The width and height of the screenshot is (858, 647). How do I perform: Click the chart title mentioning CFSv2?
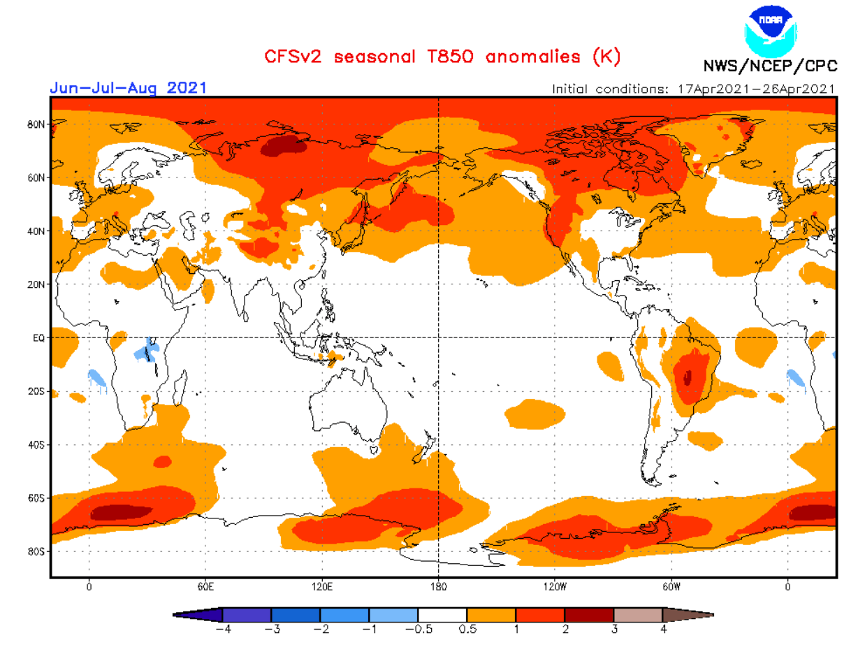point(442,56)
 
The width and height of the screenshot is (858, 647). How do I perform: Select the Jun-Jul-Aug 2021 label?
point(127,88)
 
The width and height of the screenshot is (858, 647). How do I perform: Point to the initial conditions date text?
point(693,89)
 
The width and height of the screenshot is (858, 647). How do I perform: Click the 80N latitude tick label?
point(36,124)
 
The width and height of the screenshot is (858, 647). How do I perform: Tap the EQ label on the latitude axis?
point(38,337)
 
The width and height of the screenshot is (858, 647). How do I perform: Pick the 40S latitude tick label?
point(36,444)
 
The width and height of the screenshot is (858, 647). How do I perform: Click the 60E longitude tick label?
point(205,587)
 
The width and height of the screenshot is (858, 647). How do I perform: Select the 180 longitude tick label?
point(438,587)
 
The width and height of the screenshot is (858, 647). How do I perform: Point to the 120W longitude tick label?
point(554,587)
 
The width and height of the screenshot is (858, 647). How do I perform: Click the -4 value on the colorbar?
point(222,629)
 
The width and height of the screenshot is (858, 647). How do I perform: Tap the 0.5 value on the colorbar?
point(467,629)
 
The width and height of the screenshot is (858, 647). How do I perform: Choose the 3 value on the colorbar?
point(614,629)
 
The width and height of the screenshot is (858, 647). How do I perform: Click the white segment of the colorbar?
point(442,615)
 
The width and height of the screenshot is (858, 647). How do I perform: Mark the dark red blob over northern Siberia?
point(284,146)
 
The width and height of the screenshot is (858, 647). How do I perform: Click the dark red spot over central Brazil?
point(688,377)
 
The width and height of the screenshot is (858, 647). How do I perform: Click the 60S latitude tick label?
point(36,498)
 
